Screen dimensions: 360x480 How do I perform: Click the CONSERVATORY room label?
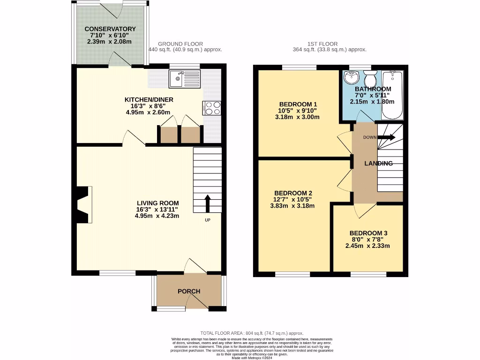[x=110, y=29]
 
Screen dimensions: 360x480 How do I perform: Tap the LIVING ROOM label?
[x=157, y=202]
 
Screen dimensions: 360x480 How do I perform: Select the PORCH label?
[x=189, y=291]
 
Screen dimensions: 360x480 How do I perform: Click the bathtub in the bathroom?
[x=392, y=96]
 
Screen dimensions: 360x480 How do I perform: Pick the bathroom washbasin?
[x=350, y=78]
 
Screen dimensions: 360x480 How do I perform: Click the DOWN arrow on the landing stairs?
[x=386, y=137]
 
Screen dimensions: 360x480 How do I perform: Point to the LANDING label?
[x=379, y=164]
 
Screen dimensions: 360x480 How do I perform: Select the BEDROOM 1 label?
[x=298, y=104]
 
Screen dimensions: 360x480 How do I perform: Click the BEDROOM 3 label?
[x=368, y=233]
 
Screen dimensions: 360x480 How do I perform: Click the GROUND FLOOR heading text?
[x=180, y=44]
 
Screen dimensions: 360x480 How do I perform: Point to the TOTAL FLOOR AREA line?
[x=252, y=332]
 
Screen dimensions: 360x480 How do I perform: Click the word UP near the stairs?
[x=207, y=220]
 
